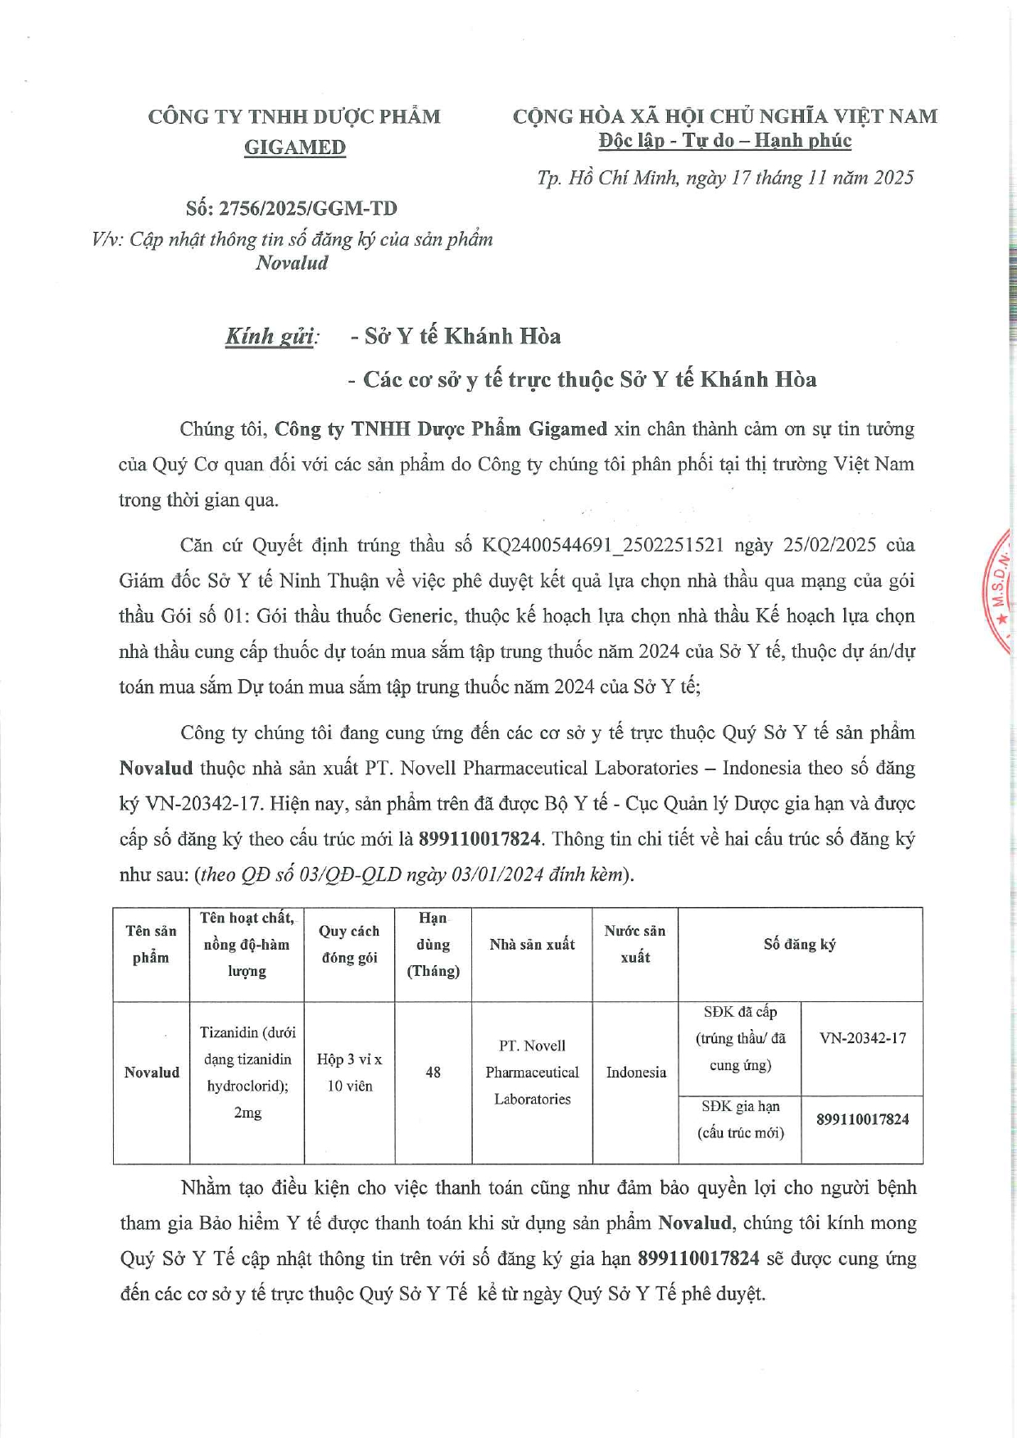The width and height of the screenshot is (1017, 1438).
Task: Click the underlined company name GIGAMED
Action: coord(295,147)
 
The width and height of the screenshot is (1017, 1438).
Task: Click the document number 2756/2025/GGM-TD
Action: coord(307,208)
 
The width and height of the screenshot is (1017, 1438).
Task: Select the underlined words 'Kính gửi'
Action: coord(271,337)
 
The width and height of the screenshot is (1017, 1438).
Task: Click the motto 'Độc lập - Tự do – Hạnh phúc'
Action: coord(724,141)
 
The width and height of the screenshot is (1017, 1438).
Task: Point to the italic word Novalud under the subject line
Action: coord(292,263)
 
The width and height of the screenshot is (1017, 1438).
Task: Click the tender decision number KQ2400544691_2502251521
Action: coord(602,546)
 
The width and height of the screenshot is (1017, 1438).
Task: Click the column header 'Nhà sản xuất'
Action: coord(532,945)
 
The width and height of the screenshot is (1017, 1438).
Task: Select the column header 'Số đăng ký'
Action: coord(800,945)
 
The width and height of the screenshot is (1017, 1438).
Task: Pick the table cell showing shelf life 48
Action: coord(433,1073)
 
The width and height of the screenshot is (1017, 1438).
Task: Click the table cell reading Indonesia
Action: coord(635,1073)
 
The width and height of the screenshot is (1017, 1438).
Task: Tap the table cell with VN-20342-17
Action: coord(862,1039)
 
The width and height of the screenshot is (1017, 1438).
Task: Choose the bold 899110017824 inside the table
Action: coord(862,1119)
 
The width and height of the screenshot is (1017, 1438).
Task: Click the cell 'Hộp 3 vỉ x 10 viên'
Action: coord(349,1073)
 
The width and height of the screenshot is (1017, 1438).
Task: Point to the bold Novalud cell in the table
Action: coord(152,1073)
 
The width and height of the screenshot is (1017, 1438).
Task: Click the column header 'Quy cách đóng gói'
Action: coord(349,945)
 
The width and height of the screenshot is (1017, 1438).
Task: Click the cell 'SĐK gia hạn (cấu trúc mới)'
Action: coord(740,1119)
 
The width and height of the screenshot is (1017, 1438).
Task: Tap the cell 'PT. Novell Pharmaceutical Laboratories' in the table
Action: coord(532,1073)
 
